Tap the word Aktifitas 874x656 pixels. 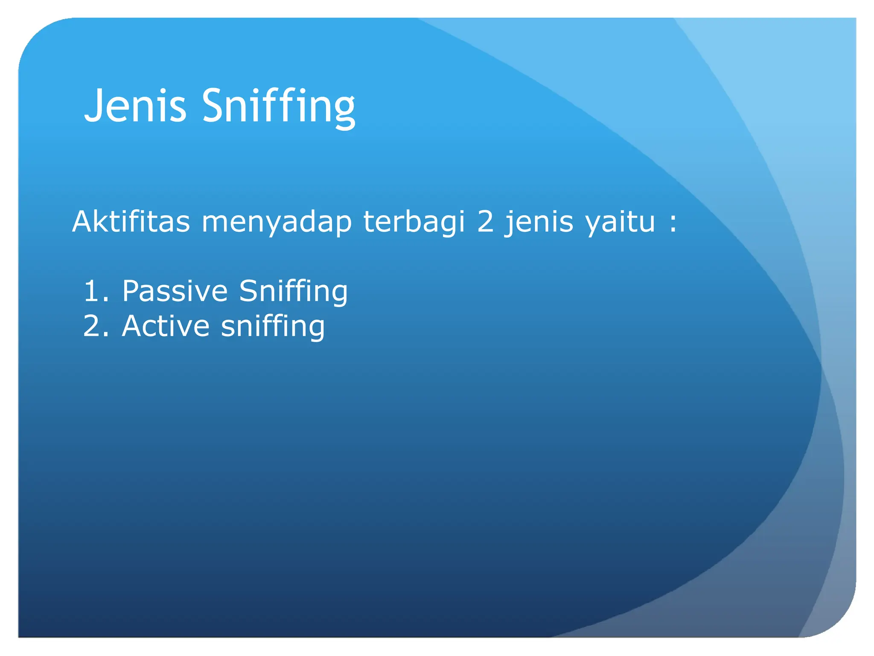pos(131,222)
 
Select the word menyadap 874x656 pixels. pos(277,223)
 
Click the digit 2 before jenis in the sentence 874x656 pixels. pos(485,222)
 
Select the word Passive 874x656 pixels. pos(175,291)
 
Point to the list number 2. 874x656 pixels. pos(92,326)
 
